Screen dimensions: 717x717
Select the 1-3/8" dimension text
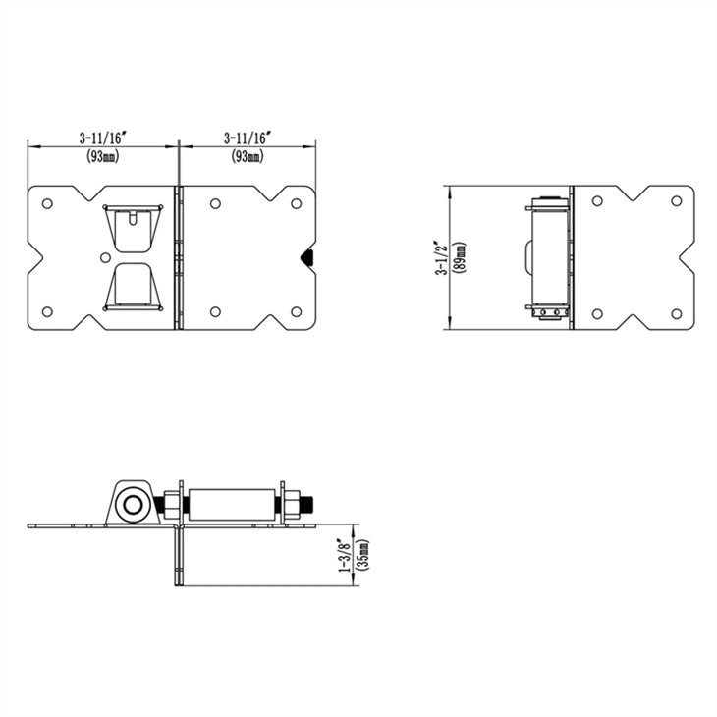(x=343, y=556)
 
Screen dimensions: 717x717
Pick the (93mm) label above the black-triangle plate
(x=247, y=156)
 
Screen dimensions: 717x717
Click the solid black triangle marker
(x=306, y=257)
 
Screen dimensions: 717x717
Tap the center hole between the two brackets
(x=106, y=257)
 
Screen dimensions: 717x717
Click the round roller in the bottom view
(x=130, y=506)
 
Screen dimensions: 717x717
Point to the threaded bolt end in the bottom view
(x=305, y=505)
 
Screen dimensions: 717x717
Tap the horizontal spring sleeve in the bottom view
(x=233, y=505)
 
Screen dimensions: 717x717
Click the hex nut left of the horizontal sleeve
(x=171, y=506)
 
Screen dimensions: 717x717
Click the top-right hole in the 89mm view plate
(x=676, y=201)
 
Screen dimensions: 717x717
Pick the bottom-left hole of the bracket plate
(x=46, y=312)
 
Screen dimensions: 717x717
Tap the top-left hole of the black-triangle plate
(x=214, y=203)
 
